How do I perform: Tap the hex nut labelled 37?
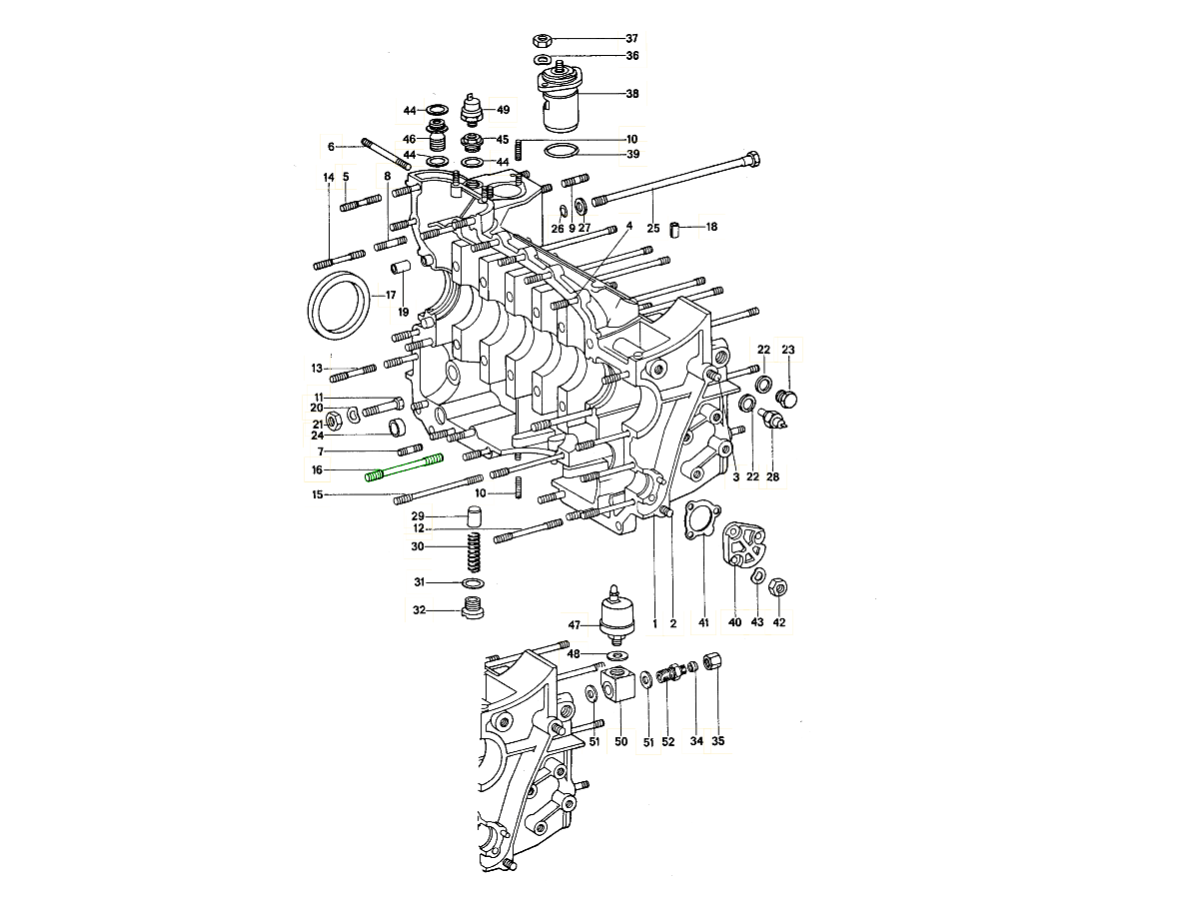coord(544,40)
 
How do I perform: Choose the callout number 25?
coord(652,229)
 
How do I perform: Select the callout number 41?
coord(703,623)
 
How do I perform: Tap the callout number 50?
coord(620,741)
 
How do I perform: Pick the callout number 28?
coord(772,477)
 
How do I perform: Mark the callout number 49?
coord(503,110)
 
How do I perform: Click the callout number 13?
coord(316,369)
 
